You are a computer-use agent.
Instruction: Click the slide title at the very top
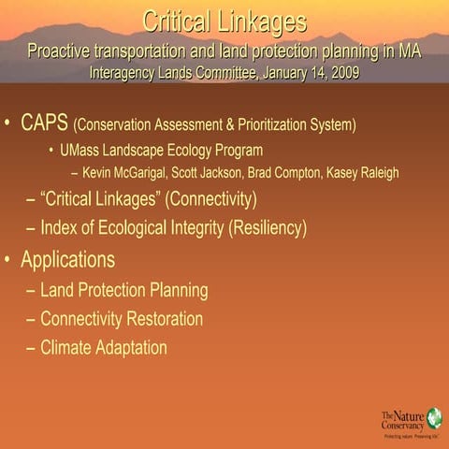click(x=224, y=20)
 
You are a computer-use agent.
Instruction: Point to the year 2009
click(x=340, y=70)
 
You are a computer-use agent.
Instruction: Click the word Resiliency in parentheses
click(x=266, y=227)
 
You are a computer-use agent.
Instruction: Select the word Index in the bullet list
click(x=60, y=227)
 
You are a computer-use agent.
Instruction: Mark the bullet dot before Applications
click(x=8, y=260)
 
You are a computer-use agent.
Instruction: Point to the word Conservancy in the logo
click(x=402, y=425)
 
